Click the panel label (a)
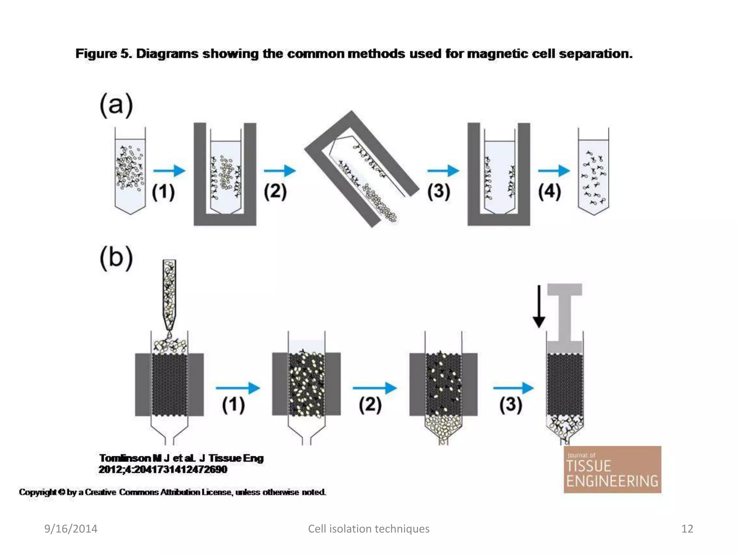116,105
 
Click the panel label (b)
116,258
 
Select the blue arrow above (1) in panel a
169,170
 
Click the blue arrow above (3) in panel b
513,388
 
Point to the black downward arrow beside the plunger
539,307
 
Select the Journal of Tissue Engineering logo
612,470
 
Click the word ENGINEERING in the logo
612,481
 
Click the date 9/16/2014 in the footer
71,529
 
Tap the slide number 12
687,529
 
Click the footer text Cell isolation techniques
368,529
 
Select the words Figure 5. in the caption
104,54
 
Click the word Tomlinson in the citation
125,458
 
